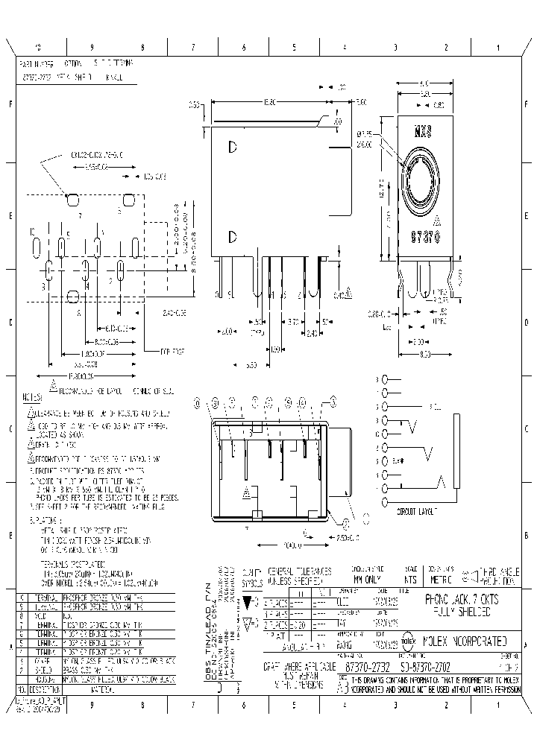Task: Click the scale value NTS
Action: [409, 578]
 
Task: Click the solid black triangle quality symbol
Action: [249, 600]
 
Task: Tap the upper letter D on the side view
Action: [233, 148]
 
